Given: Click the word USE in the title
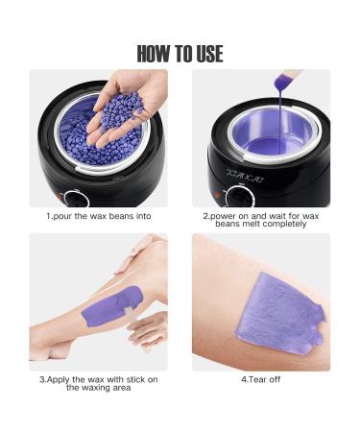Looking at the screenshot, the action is pyautogui.click(x=209, y=54).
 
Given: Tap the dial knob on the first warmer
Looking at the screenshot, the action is pyautogui.click(x=76, y=199).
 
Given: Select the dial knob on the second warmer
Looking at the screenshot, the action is pyautogui.click(x=240, y=196).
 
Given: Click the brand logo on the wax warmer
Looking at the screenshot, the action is pyautogui.click(x=246, y=176).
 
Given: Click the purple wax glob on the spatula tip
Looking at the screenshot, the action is pyautogui.click(x=282, y=83).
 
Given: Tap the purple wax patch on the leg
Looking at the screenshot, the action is pyautogui.click(x=112, y=304).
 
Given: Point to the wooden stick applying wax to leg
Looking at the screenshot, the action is pyautogui.click(x=130, y=314).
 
